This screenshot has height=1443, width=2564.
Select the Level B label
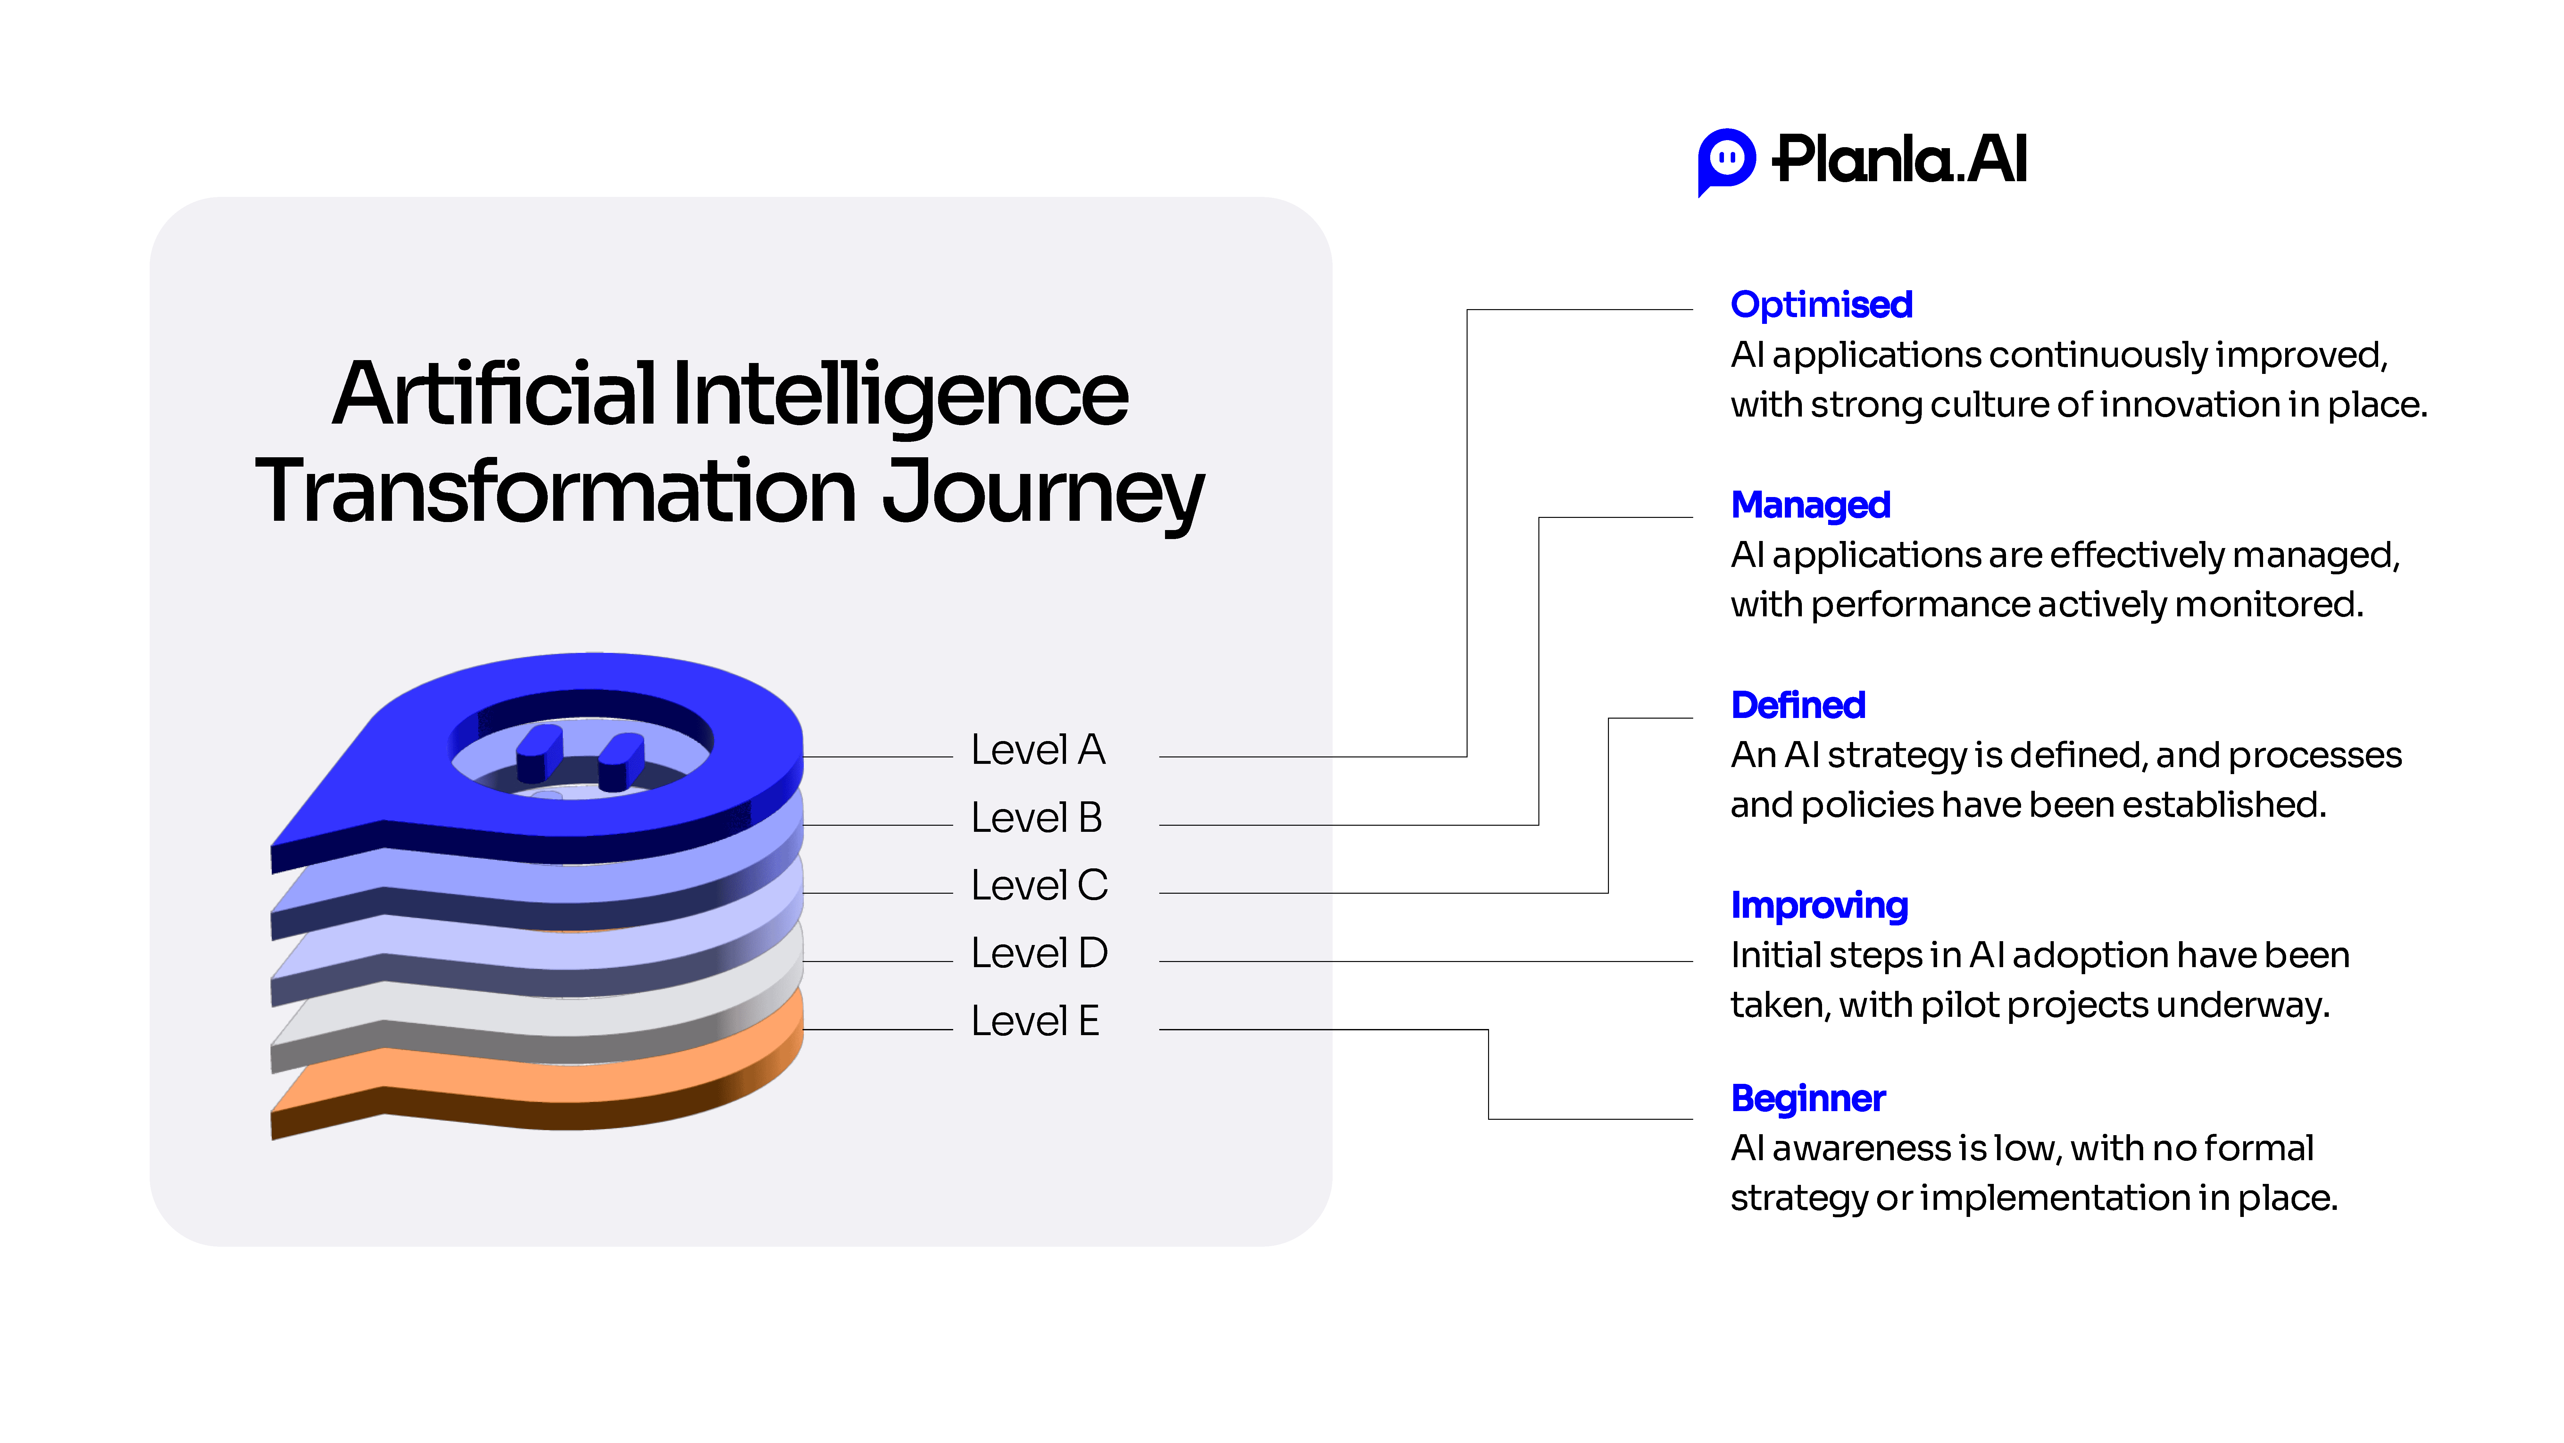[1037, 818]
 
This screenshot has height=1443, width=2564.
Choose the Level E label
[1035, 1021]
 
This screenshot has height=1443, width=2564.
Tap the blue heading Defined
[1798, 705]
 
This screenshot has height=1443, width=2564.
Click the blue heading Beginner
[1808, 1098]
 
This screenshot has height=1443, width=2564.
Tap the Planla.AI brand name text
[1899, 159]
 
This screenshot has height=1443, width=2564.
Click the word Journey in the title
[1043, 492]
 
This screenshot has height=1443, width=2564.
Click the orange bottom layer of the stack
[537, 1081]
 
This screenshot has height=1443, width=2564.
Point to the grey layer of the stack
[537, 1016]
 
